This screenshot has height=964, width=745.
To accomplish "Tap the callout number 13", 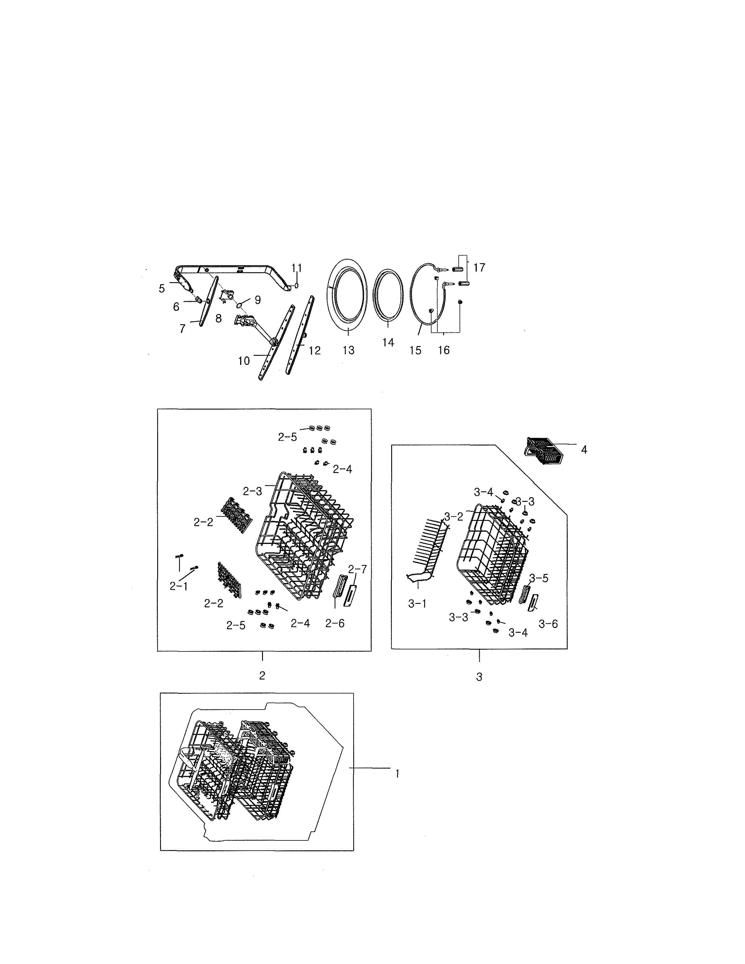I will pos(348,351).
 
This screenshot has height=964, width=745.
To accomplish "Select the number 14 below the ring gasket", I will pos(388,343).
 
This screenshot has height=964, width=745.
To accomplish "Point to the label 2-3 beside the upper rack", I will pos(252,491).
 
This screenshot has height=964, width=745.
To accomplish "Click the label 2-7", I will pos(358,569).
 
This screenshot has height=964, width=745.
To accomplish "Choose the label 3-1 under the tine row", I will pos(417,604).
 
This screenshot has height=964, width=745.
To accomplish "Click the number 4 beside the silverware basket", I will pos(584,450).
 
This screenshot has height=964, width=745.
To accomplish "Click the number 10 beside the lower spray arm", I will pos(244,361).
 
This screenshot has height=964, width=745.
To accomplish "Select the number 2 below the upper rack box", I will pos(262,676).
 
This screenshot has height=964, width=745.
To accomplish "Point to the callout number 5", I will pos(162,289).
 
